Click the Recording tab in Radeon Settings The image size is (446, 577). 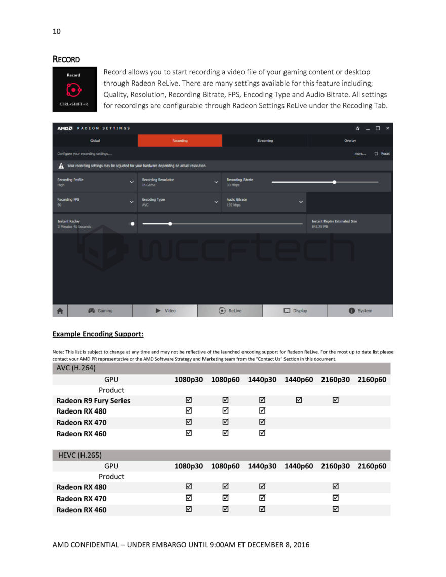point(180,141)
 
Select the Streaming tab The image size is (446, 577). point(265,141)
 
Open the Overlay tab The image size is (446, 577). point(350,141)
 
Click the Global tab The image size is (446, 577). point(95,141)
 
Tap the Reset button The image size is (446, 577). point(382,154)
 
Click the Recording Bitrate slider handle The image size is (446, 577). point(334,182)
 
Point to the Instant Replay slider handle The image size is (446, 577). point(170,223)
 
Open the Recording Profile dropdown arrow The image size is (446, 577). point(132,182)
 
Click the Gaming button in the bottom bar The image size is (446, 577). point(100,311)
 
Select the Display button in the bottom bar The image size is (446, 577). point(295,311)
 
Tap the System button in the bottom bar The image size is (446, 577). point(360,311)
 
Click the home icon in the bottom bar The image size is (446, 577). point(60,311)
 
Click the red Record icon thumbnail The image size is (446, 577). point(73,90)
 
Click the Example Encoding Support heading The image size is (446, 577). point(98,335)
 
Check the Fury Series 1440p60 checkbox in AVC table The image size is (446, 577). point(299,400)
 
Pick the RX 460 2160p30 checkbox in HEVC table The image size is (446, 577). point(335,509)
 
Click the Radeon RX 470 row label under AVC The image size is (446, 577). point(82,423)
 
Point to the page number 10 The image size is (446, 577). point(56,31)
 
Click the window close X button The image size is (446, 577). point(387,128)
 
